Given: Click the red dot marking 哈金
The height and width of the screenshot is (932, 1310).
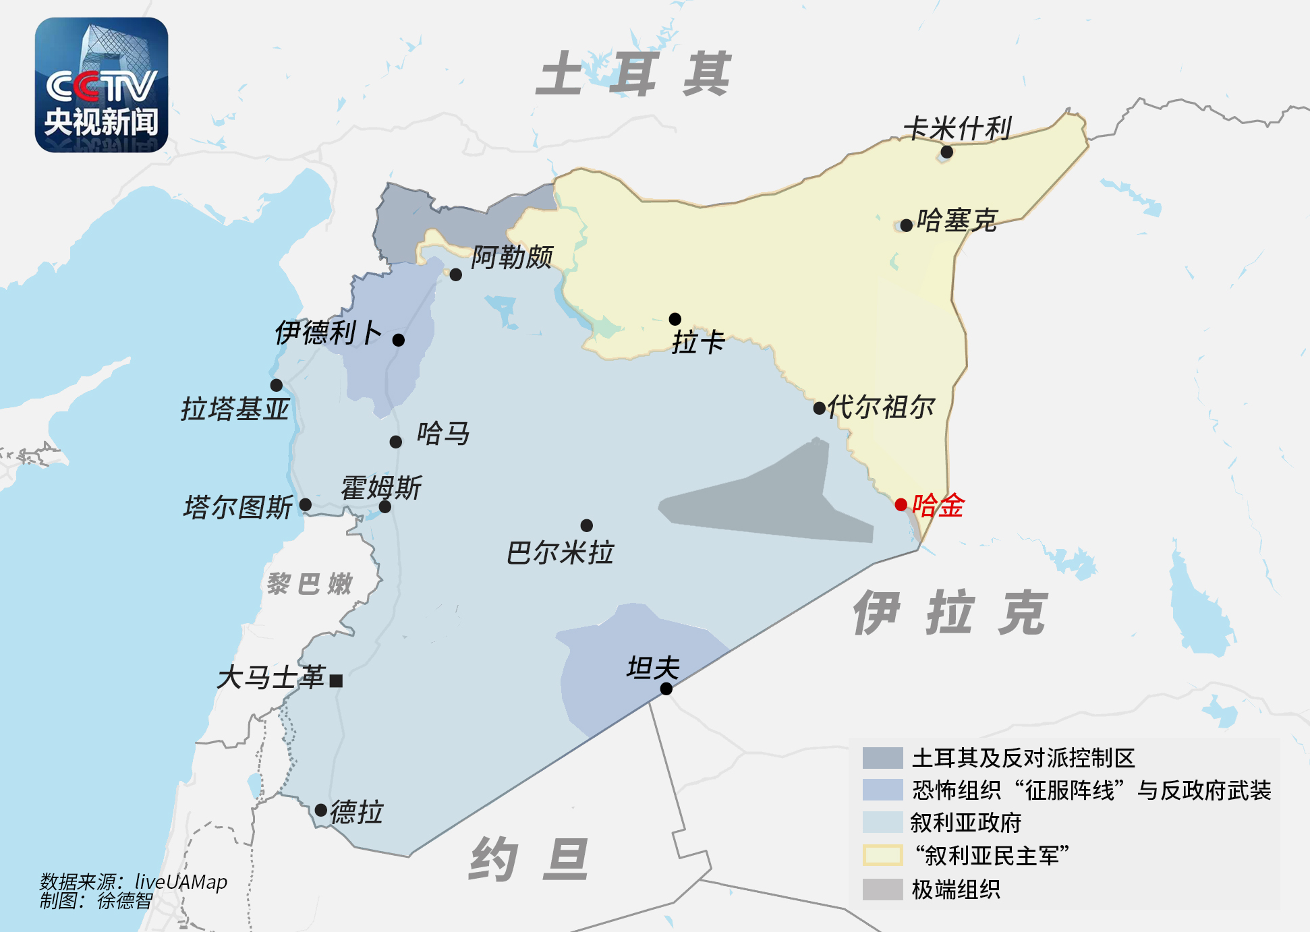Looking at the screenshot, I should pos(901,504).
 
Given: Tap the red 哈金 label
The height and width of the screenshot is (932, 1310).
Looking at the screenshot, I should pos(938,505).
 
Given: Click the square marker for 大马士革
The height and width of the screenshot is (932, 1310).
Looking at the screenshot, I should pos(336,680).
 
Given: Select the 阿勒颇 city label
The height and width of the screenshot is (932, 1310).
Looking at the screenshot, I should pos(512,257).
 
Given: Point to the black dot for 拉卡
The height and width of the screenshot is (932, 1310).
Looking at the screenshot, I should pos(675,319).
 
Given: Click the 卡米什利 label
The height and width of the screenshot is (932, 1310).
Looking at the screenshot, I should pos(957,128).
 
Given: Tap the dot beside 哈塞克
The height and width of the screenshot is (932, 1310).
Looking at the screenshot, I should pos(907,225).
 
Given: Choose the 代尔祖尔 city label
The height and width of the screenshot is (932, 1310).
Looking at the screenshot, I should pos(881,407).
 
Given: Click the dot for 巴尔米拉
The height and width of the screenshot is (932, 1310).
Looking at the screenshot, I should pos(586,525).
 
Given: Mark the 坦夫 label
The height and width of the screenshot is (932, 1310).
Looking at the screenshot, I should pos(652,668).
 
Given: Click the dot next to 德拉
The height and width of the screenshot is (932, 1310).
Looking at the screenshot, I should pos(321,809).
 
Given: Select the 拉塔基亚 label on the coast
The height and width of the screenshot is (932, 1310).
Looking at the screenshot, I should pos(235,409).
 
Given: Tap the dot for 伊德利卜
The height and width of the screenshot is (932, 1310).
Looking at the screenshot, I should pos(399,340).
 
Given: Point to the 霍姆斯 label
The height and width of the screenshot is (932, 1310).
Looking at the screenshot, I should pos(381,488).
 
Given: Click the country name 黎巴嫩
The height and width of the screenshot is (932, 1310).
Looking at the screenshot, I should pos(310,583).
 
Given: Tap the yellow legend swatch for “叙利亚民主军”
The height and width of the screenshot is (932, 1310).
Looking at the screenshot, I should pos(882,855).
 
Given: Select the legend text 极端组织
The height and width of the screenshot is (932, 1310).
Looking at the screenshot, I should pos(956,890).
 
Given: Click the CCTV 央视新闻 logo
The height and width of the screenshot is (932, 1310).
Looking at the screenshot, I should pos(101,85).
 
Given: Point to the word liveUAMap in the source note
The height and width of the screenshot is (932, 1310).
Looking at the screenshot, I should pos(181,881).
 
